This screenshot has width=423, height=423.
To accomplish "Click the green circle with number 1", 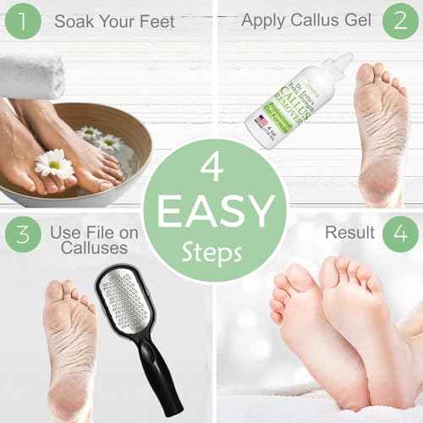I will point(21,21).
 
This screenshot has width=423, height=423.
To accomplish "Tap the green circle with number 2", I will point(398,22).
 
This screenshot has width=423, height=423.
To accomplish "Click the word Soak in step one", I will point(74,20).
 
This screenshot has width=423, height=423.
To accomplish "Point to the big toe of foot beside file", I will point(54,291).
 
